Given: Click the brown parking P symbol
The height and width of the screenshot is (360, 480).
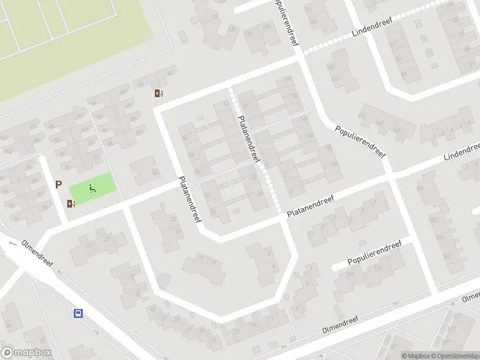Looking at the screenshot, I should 59,185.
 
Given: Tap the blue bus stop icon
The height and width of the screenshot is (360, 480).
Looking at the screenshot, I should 78,313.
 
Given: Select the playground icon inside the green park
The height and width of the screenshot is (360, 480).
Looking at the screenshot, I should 92,188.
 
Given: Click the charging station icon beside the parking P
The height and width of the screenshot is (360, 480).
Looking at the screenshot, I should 71,203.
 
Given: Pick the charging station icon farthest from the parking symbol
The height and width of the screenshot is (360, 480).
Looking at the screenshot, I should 158,93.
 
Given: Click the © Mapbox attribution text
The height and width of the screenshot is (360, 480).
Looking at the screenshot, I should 416,356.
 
